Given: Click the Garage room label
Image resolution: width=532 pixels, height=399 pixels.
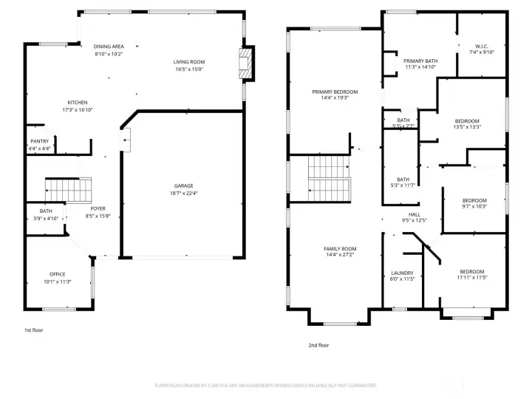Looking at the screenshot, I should [183, 185].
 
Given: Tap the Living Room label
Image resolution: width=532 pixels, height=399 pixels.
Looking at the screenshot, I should [189, 62].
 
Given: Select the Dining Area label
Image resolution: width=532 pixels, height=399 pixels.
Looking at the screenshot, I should [109, 47].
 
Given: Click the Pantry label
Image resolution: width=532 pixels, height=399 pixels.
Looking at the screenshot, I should [39, 141].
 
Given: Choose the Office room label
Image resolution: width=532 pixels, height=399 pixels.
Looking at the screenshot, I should [57, 274].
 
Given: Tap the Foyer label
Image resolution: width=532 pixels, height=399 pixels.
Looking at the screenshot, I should [98, 209].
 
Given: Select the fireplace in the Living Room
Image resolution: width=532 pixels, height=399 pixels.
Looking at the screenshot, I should [247, 64].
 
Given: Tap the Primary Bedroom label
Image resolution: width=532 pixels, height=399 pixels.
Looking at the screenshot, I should [334, 92].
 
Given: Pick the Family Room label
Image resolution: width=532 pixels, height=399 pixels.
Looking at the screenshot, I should [340, 249].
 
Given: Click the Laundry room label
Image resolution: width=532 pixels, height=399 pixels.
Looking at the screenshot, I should [402, 273].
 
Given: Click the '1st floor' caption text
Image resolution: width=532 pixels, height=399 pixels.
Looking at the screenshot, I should [33, 330].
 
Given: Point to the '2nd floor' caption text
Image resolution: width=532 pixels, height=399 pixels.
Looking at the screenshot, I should [318, 345].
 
